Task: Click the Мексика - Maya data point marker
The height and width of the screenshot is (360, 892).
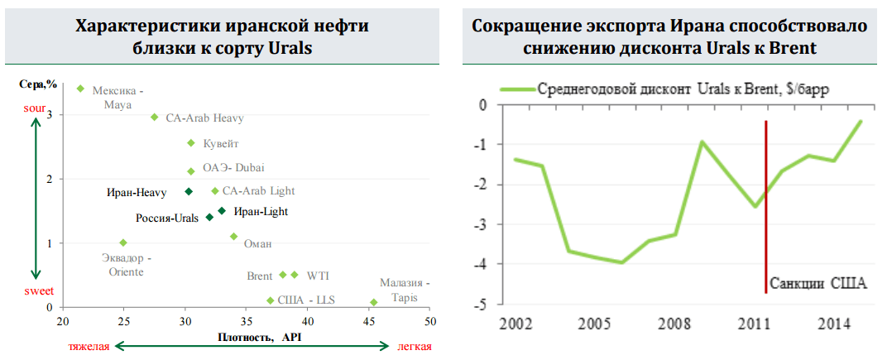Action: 80,89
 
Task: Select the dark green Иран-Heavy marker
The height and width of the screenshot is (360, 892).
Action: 189,191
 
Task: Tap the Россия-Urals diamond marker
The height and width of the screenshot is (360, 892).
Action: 209,217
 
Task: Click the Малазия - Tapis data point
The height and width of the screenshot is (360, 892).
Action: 374,302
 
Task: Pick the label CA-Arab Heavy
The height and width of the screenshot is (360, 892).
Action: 204,118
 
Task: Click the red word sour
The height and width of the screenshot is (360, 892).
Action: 34,108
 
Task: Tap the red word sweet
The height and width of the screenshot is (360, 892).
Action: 34,290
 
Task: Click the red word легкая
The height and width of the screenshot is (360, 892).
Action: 415,346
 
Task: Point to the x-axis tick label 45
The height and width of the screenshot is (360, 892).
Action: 368,321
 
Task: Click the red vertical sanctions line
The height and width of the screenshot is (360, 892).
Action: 766,207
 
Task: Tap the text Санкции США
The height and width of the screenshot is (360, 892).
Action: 818,284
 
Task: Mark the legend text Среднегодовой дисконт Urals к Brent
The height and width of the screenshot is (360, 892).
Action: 683,89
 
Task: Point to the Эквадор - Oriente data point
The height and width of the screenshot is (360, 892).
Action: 123,242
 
